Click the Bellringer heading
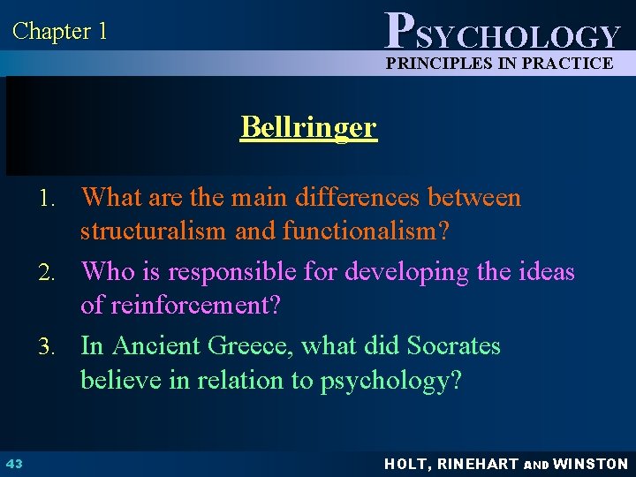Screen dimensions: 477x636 pos(308,127)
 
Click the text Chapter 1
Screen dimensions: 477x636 pos(60,32)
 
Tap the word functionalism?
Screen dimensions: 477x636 pos(365,232)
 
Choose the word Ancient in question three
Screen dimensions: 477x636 pos(152,345)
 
